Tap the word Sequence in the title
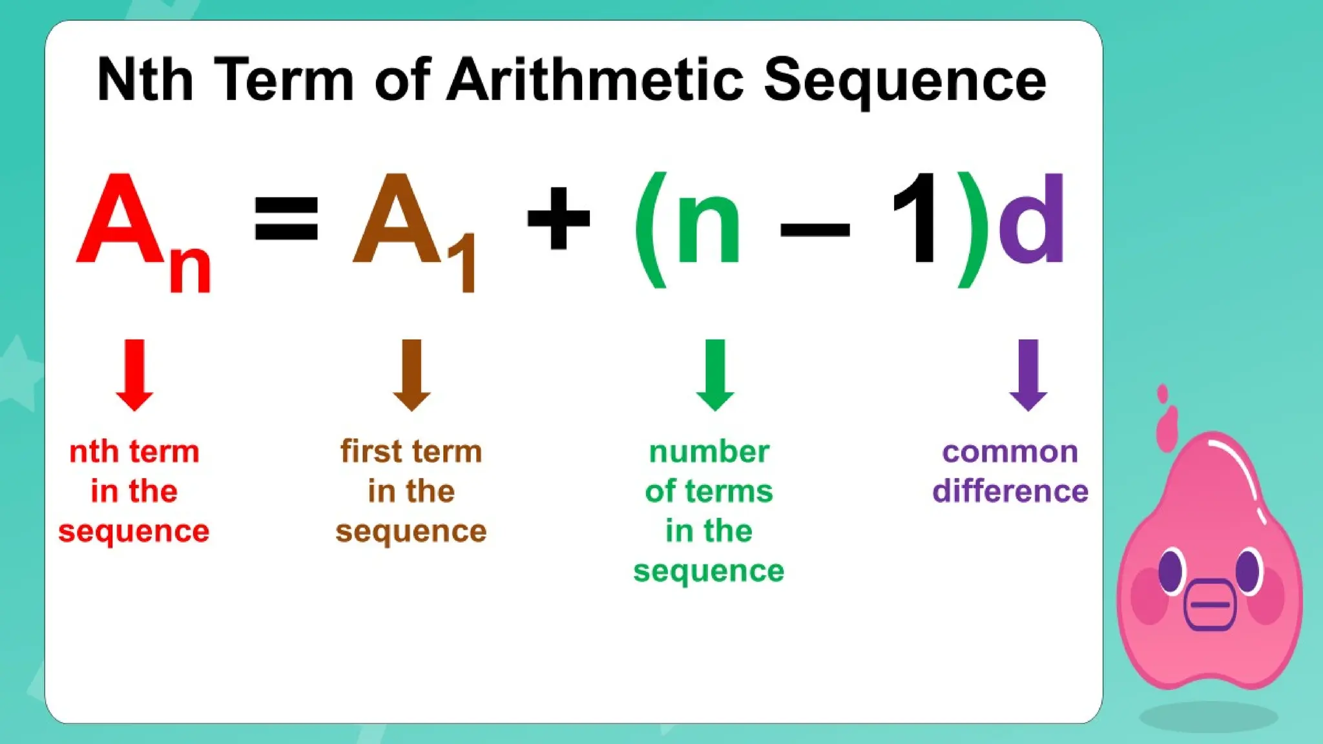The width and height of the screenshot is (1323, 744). [x=904, y=81]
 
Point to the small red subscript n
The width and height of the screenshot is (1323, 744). [x=190, y=269]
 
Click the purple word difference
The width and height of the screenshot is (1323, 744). [x=1010, y=491]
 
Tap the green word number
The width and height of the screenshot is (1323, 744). [x=709, y=451]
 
